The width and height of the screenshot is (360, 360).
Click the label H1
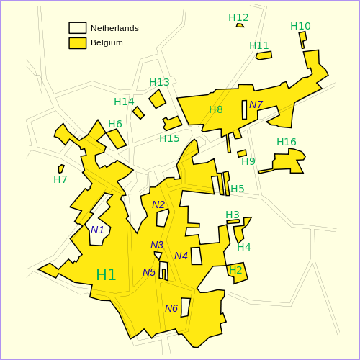pos(106,274)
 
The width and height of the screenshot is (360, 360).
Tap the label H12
pos(238,17)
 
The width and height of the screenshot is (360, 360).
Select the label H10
pos(300,26)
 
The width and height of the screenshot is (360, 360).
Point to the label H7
pos(60,179)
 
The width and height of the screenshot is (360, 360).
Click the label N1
pos(97,230)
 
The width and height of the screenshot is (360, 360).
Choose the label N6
pos(171,308)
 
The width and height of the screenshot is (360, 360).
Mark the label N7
pos(256,104)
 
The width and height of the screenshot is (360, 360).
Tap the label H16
pos(287,142)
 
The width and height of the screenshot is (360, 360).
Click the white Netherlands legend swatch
pos(77,28)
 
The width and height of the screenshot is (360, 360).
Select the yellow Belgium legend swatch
pos(77,42)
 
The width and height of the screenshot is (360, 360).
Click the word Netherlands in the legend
pos(114,28)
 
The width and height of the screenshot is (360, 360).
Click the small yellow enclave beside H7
pos(61,168)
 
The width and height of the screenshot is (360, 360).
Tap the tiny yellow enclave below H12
pos(240,25)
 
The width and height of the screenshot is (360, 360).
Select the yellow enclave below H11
pos(264,55)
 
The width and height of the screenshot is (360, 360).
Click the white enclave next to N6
pos(186,307)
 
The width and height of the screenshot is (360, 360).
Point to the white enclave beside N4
pos(196,256)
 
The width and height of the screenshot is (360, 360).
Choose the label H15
pos(169,138)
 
